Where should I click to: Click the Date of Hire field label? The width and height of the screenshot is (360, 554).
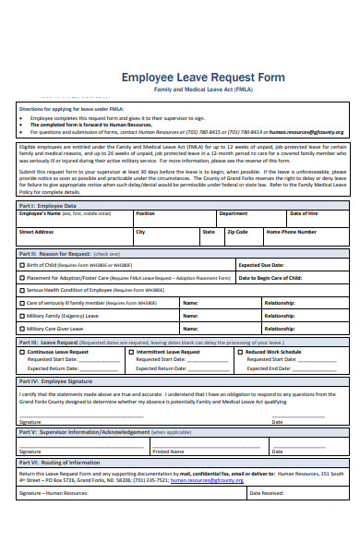point(306,213)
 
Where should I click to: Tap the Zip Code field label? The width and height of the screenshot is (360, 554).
point(237,232)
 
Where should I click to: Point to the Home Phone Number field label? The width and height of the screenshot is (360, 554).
point(292,232)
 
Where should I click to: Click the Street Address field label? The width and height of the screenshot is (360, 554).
point(38,232)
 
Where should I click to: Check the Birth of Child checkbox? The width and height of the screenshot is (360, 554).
point(22,265)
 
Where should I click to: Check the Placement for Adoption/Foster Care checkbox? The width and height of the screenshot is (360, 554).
point(22,277)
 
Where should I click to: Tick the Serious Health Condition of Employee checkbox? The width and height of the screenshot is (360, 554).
point(22,290)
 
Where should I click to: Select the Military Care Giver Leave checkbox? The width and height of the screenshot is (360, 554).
point(22,328)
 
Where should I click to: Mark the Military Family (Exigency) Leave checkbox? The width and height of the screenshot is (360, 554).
point(22,315)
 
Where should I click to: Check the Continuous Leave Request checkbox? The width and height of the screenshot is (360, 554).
point(22,352)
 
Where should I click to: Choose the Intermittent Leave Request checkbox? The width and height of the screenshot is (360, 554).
point(131,352)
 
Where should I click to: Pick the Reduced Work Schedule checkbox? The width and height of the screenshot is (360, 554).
point(239,352)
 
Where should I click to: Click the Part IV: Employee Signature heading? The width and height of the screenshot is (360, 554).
point(54,379)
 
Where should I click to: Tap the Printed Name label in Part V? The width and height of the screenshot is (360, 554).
point(168,452)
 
